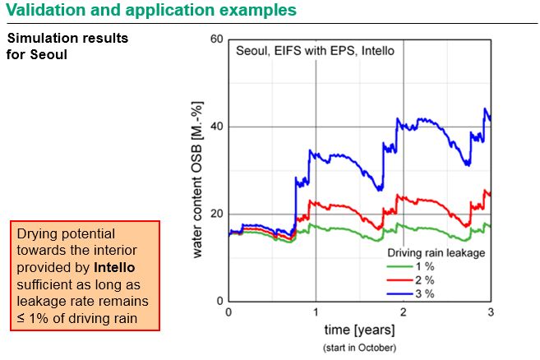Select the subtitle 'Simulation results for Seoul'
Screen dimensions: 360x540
click(x=67, y=47)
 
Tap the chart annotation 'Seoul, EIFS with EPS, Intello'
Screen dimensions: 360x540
click(x=316, y=50)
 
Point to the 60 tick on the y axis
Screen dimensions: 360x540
click(x=216, y=39)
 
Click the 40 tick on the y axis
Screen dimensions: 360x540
click(x=216, y=127)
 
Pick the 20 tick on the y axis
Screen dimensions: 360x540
click(x=216, y=214)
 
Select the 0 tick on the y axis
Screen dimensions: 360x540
click(x=219, y=301)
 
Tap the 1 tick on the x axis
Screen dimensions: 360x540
click(x=316, y=312)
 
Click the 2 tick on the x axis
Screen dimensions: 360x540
click(x=403, y=312)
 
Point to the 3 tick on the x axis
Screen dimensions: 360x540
click(x=490, y=312)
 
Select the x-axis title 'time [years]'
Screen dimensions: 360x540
click(x=359, y=330)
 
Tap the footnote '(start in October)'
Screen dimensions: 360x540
click(x=359, y=347)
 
